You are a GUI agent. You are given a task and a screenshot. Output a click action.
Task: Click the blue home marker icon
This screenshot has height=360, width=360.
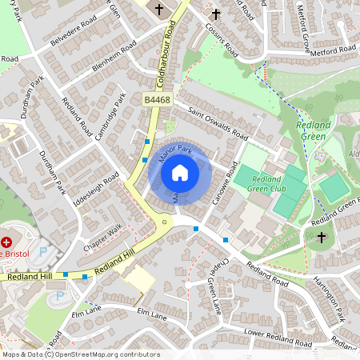[180, 172]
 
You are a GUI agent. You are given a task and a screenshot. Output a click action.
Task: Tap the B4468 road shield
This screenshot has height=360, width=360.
[158, 99]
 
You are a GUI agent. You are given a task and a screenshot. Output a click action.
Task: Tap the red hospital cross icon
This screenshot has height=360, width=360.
[7, 241]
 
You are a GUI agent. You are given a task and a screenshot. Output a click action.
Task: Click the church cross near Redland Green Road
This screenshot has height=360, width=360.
[322, 237]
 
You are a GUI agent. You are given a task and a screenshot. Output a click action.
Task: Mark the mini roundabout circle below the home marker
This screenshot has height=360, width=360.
[165, 219]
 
